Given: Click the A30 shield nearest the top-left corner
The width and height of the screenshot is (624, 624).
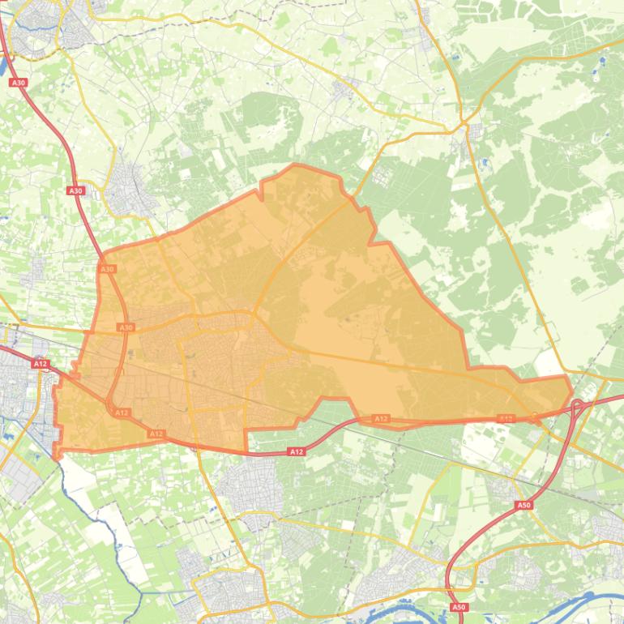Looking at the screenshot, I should [18, 83].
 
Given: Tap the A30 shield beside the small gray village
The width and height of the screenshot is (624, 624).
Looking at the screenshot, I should [75, 190].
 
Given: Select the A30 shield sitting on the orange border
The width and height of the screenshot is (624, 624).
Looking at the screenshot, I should [107, 268].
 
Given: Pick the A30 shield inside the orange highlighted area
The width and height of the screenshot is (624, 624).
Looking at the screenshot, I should [126, 327].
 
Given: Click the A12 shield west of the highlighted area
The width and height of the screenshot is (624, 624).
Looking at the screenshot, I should [41, 364].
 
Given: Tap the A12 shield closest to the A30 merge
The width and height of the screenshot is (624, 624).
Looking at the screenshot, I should [122, 413].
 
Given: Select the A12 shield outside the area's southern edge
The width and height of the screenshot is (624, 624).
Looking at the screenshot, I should [297, 451].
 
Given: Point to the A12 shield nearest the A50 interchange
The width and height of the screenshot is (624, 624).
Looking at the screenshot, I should [506, 419].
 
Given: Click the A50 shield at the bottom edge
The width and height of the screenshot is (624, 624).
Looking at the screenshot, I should [459, 607].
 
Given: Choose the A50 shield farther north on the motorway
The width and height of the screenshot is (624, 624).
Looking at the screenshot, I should [524, 505].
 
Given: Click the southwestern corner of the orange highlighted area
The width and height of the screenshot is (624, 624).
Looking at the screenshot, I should [57, 454].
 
